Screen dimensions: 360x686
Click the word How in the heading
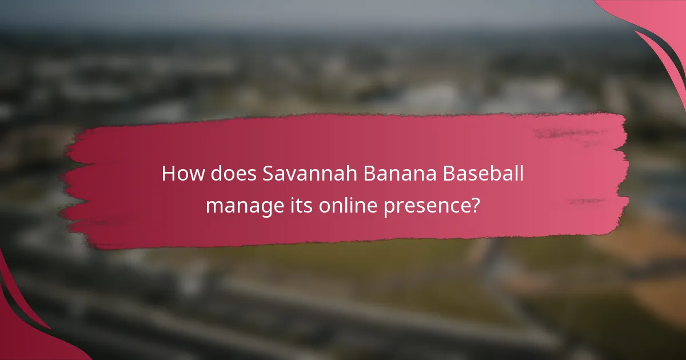[x=178, y=174]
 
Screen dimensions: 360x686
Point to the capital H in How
[x=167, y=174]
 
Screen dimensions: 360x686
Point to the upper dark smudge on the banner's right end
[x=563, y=133]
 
